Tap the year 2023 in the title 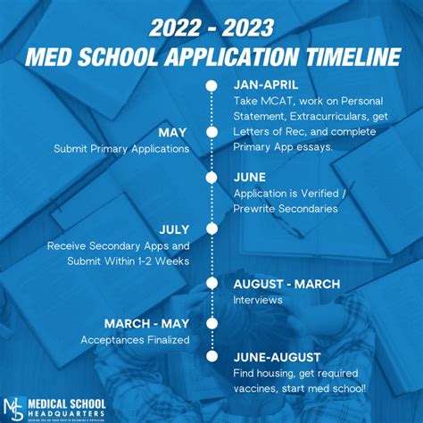point(255,27)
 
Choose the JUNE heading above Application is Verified point(250,177)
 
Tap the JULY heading point(173,228)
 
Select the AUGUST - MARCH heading point(286,284)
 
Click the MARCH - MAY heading point(147,323)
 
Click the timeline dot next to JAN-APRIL point(211,87)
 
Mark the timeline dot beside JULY point(211,229)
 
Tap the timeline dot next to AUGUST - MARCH point(211,284)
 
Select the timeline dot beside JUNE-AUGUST point(211,355)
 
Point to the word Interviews point(258,300)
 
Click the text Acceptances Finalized point(136,339)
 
